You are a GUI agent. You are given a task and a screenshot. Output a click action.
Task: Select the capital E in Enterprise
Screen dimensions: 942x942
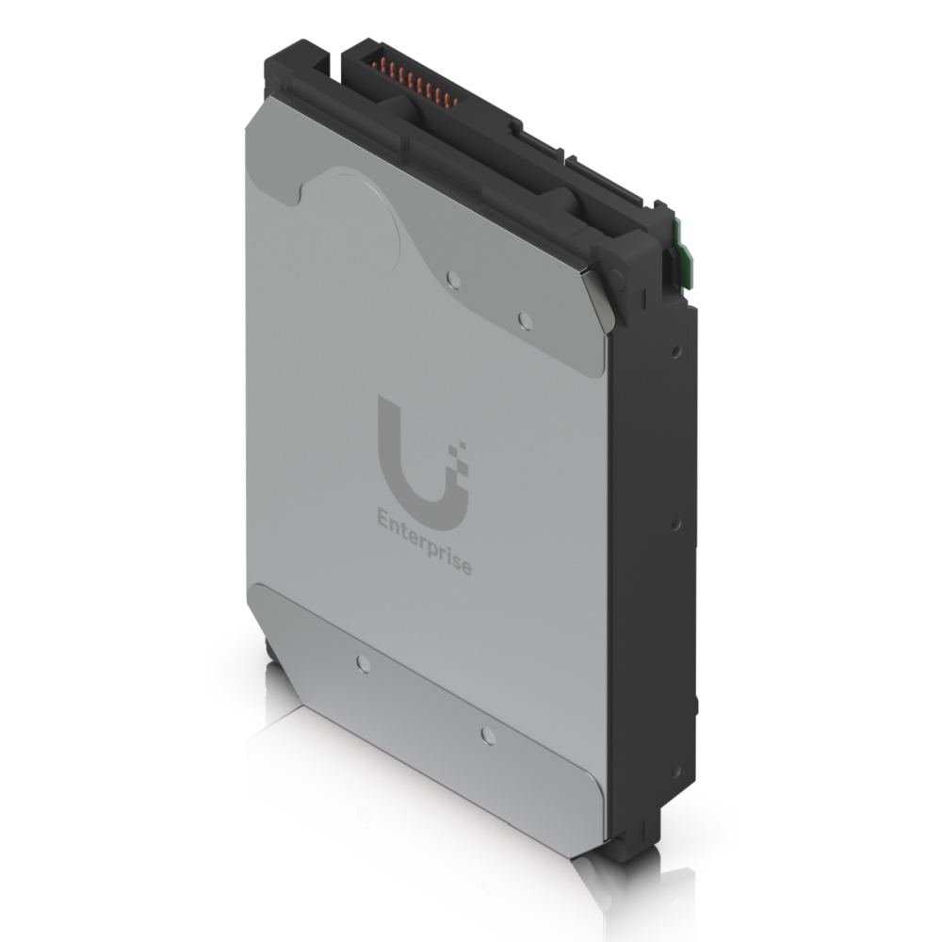382,519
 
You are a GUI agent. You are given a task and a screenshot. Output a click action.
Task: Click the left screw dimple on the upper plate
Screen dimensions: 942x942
454,279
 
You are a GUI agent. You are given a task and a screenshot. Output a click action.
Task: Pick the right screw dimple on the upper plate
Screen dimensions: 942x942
526,322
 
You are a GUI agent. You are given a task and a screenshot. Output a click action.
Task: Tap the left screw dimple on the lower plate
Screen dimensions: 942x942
364,662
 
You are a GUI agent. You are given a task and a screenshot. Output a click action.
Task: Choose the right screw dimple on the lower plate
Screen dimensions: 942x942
487,734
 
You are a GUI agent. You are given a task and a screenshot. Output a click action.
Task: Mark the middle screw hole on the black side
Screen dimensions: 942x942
676,523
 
